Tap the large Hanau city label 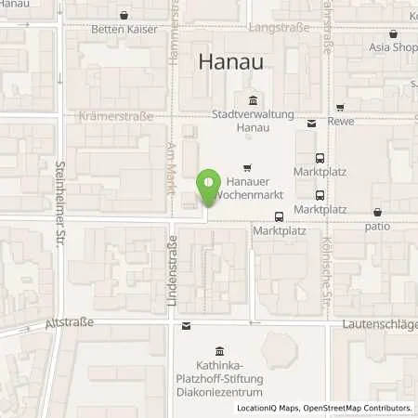click(x=232, y=62)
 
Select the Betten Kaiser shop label click(x=124, y=30)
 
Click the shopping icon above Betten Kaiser click(x=124, y=15)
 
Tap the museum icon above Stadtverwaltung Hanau click(x=251, y=101)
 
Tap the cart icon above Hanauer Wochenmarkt click(x=246, y=168)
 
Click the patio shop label click(x=376, y=226)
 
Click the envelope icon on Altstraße click(x=187, y=325)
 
